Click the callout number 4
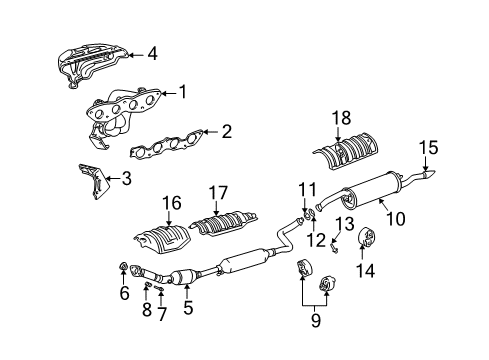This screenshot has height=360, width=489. tap(152, 54)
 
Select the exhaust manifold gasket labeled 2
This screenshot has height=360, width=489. tap(166, 144)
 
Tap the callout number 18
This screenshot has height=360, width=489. tap(341, 118)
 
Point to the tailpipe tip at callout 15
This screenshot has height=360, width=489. tap(429, 173)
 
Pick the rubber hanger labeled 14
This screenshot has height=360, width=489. tap(366, 237)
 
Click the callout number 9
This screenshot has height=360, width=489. tap(315, 320)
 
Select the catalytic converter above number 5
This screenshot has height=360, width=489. tap(183, 277)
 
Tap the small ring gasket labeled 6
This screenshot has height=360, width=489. tap(123, 266)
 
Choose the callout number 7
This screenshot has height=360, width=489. tap(161, 314)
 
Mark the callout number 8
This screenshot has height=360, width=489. tap(147, 310)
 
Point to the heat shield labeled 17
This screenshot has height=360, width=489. tap(224, 222)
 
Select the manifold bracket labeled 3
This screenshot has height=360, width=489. tap(94, 181)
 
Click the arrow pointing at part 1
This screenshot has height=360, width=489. tap(168, 93)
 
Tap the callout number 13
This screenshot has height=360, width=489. tap(345, 224)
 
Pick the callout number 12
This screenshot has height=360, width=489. tap(316, 240)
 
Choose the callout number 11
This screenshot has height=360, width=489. tap(307, 190)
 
